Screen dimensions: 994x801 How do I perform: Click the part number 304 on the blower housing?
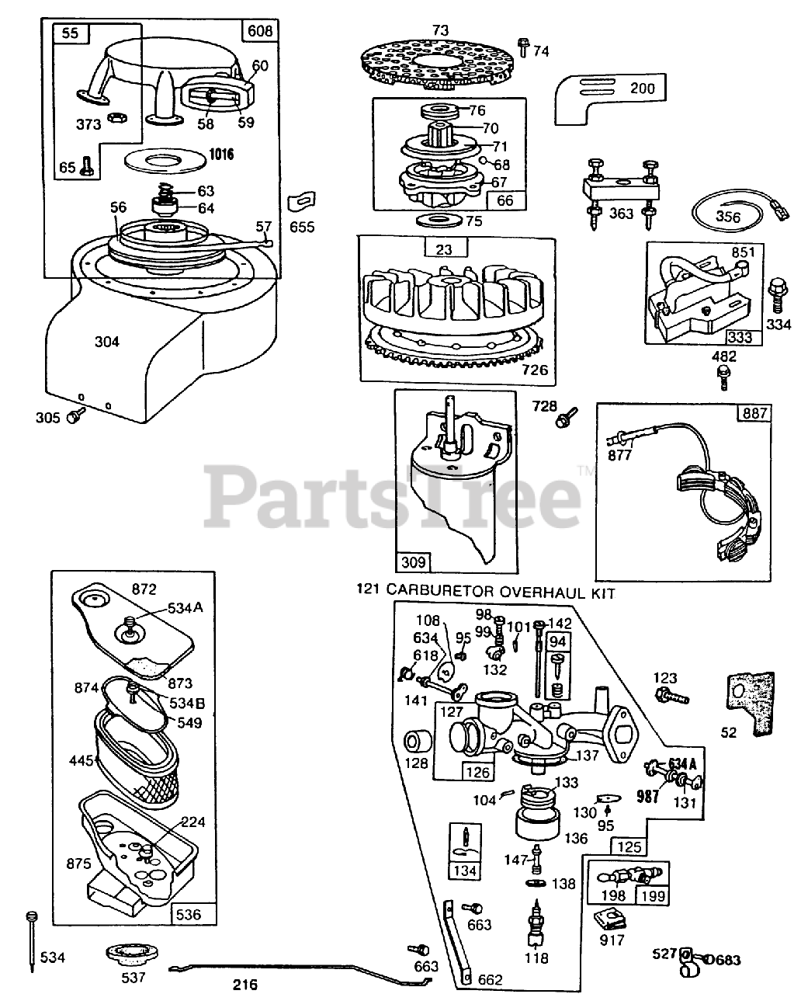point(107,341)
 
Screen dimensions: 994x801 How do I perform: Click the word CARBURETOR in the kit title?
point(435,593)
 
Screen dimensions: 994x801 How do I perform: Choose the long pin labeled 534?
point(32,940)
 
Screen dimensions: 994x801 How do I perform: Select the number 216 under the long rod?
point(245,985)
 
